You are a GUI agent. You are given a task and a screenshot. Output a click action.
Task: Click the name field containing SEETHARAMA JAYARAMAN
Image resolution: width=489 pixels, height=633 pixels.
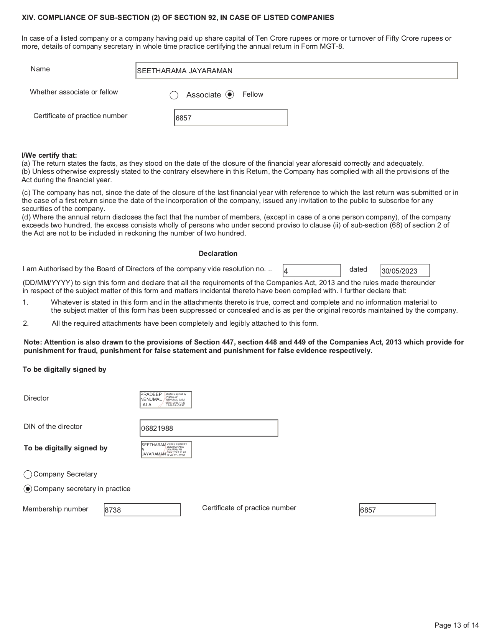click(x=296, y=71)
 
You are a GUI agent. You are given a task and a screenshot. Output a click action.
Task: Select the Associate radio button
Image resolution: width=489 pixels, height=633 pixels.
click(x=174, y=95)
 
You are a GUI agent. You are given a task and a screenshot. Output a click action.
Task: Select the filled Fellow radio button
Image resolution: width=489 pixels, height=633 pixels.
click(x=230, y=94)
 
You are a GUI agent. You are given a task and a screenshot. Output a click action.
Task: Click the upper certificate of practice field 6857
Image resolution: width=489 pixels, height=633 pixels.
click(x=231, y=118)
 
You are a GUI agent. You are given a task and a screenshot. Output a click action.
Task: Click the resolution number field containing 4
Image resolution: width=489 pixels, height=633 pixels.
click(x=311, y=271)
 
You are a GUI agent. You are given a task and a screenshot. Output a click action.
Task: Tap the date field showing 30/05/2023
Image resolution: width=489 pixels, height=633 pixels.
click(x=405, y=271)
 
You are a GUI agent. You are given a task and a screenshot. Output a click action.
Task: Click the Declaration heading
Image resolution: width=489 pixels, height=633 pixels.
click(x=218, y=254)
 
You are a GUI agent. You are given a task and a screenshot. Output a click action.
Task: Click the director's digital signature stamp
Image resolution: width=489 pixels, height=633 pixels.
click(x=166, y=400)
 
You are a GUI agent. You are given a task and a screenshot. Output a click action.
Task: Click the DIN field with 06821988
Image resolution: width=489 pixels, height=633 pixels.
click(x=209, y=428)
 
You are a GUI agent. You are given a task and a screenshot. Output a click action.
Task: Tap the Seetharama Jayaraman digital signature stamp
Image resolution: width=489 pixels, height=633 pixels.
click(x=166, y=450)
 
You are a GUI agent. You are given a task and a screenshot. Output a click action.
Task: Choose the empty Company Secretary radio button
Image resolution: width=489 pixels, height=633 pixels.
click(x=28, y=475)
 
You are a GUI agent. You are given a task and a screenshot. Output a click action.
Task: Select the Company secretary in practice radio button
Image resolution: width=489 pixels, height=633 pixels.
click(x=28, y=489)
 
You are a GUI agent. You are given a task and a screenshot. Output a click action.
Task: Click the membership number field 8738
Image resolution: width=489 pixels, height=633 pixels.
click(x=142, y=510)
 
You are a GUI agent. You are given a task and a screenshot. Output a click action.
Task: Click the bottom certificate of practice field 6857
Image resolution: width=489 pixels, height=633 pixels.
click(x=397, y=510)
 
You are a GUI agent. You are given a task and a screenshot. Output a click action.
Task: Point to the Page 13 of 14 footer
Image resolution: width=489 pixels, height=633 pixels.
click(x=456, y=625)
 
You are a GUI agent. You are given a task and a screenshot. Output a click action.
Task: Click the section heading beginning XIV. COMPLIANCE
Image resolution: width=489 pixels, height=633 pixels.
click(x=178, y=18)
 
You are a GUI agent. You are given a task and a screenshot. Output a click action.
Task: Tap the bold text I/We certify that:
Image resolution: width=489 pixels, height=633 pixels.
click(x=49, y=155)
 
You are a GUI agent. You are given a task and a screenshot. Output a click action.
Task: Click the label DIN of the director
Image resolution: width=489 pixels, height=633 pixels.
click(x=53, y=427)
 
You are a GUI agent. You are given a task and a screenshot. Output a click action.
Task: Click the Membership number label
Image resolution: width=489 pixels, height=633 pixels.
click(x=55, y=509)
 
